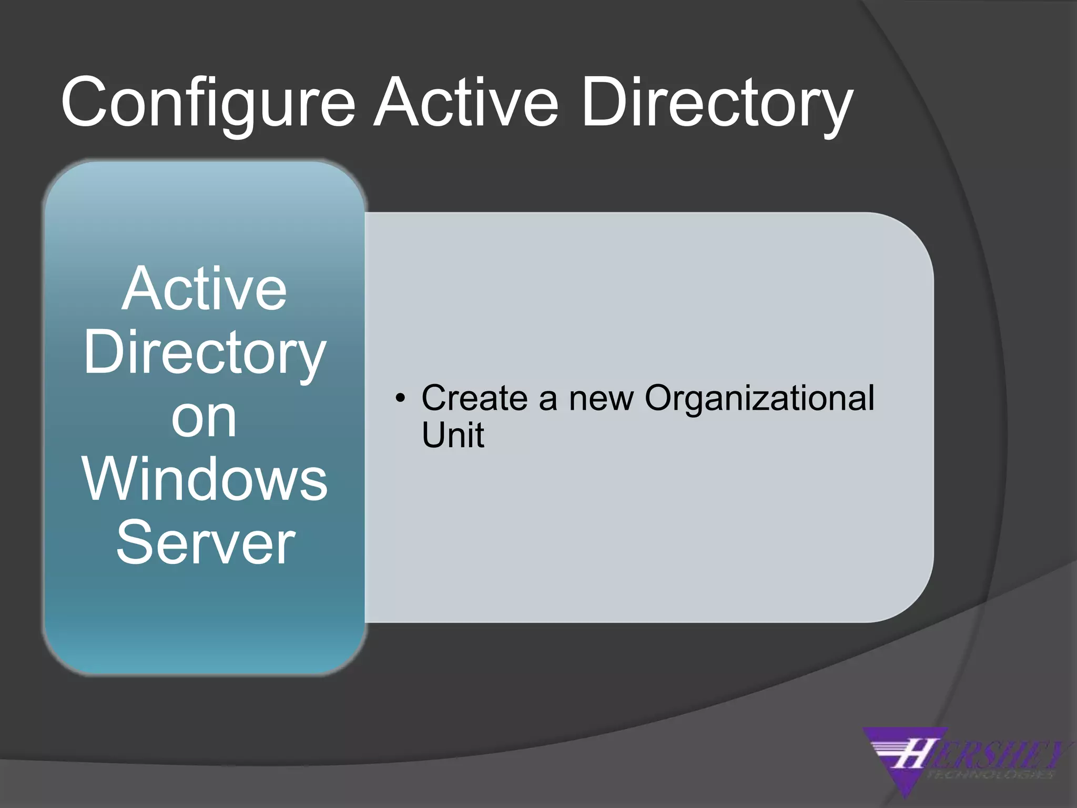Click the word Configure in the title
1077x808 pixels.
[x=208, y=103]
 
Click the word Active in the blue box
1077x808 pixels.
[x=204, y=289]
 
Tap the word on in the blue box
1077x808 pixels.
[x=204, y=418]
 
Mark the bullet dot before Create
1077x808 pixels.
[x=401, y=398]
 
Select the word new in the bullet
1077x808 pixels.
[x=601, y=398]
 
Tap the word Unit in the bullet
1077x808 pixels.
[x=452, y=435]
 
